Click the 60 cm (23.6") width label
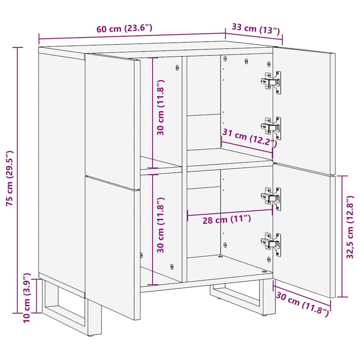(124, 29)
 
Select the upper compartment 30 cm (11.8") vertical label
(160, 107)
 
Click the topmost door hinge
(272, 82)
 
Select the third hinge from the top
(272, 197)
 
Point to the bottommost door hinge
(272, 241)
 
